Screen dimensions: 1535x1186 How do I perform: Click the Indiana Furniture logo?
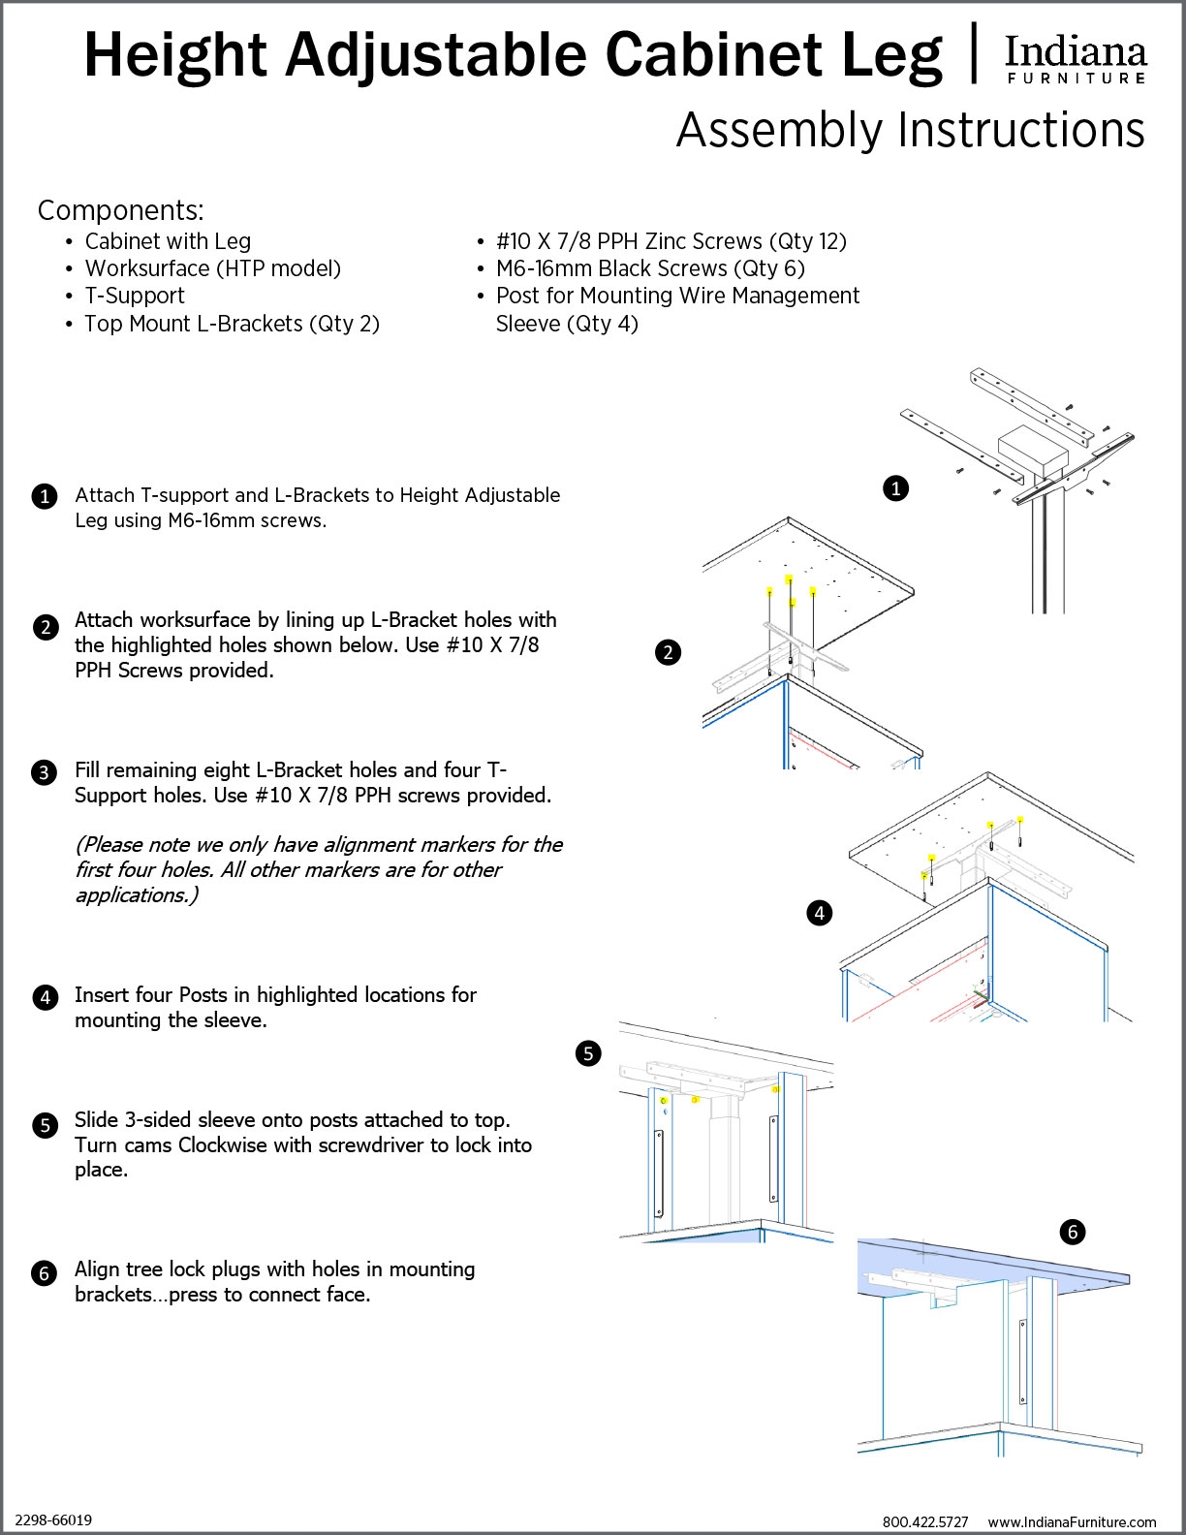pos(1076,59)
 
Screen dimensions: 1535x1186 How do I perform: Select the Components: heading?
pos(120,210)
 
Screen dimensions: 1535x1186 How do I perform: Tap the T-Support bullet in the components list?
pos(135,296)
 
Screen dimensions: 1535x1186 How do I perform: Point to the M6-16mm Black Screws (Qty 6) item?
pos(650,268)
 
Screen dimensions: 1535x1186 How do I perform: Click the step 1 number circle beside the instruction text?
pos(45,497)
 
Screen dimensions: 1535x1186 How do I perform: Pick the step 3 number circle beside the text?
pos(45,772)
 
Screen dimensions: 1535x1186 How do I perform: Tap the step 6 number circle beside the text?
pos(45,1272)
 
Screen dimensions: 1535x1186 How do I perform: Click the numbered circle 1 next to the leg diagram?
pos(896,487)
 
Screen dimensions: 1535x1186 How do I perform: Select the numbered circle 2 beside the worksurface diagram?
pos(668,652)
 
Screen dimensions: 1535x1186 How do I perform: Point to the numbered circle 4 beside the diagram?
pos(820,912)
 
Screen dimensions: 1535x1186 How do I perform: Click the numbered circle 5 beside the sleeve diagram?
pos(588,1053)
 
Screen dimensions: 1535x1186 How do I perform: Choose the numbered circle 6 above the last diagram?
pos(1073,1232)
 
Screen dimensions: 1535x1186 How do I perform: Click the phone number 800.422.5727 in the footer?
pos(925,1521)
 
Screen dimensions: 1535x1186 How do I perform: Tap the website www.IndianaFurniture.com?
pos(1072,1521)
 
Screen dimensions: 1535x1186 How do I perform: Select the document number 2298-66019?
pos(53,1519)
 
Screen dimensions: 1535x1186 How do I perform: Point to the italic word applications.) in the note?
pos(137,894)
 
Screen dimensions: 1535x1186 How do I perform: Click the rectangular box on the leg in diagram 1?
pos(1033,450)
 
